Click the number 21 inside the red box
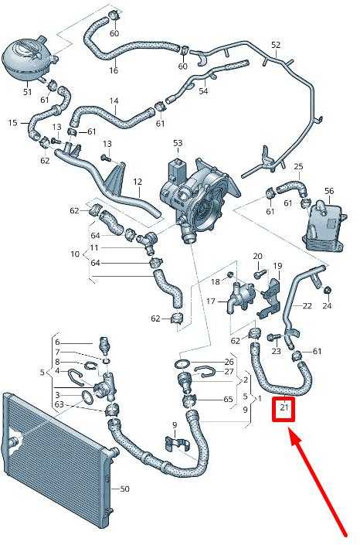tap(284, 407)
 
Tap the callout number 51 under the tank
tap(28, 92)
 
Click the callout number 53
tap(178, 143)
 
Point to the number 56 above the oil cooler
tap(329, 191)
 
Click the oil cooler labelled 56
tap(323, 226)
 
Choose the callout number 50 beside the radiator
tap(124, 489)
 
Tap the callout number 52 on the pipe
tap(276, 45)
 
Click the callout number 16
tap(114, 70)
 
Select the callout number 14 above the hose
tap(114, 101)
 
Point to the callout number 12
tap(138, 182)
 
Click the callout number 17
tap(211, 301)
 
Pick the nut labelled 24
tap(327, 290)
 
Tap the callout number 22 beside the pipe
tap(307, 305)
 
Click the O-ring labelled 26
tap(182, 364)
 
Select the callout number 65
tap(228, 399)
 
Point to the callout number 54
tap(203, 91)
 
